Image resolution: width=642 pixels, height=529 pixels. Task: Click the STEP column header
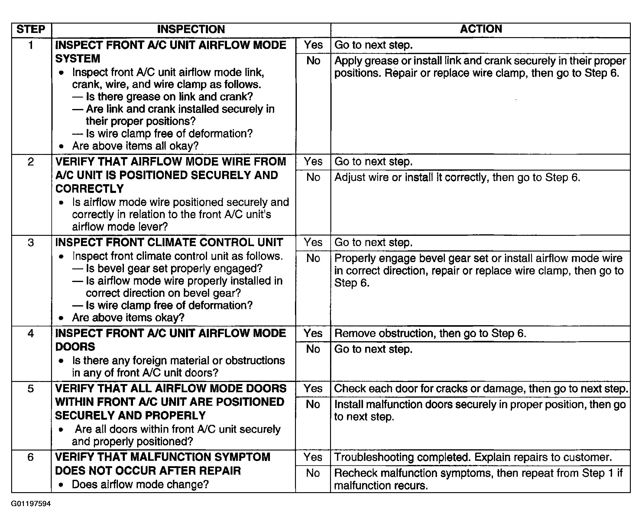(31, 30)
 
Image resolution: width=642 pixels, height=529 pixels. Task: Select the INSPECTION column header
(191, 30)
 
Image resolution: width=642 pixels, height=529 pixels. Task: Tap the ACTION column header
(481, 29)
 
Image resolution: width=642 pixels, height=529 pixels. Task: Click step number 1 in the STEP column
(31, 45)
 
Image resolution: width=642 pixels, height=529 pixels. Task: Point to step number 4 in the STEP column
(31, 333)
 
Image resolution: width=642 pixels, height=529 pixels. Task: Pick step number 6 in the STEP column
(31, 457)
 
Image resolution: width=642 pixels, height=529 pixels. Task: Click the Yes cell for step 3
(313, 242)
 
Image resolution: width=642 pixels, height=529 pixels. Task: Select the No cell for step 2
(313, 177)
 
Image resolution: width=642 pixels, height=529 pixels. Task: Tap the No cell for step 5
(313, 404)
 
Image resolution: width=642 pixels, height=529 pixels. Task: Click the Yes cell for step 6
(313, 457)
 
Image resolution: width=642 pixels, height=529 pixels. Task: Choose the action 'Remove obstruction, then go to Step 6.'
(430, 333)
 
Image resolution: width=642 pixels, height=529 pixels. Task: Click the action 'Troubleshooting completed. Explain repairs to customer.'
(473, 457)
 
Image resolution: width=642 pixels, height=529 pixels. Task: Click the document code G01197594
(31, 504)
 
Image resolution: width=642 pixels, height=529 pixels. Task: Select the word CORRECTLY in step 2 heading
(89, 189)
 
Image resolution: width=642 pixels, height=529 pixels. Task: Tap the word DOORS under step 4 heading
(75, 347)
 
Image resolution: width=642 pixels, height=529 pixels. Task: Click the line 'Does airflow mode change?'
(140, 485)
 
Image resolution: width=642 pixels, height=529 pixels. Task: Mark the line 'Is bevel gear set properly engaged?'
(174, 268)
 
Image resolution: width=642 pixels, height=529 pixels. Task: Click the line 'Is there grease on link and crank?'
(169, 97)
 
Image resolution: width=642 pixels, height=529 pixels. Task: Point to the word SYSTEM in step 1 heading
(77, 59)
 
